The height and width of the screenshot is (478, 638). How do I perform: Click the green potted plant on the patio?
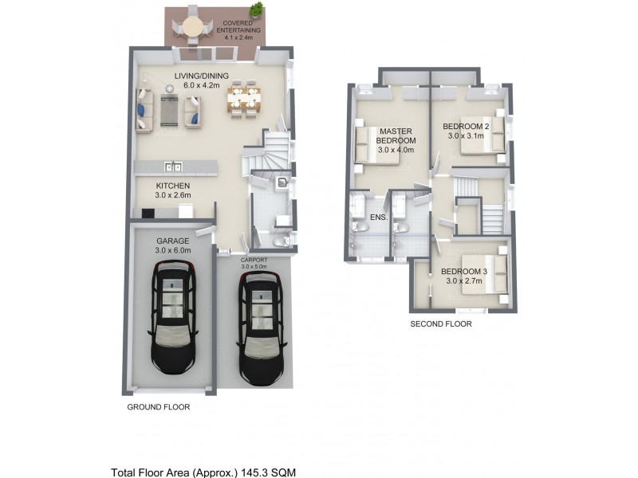pos(255,10)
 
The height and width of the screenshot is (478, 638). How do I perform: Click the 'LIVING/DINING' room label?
pos(202,76)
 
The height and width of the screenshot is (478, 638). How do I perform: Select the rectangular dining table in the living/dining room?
pos(244,101)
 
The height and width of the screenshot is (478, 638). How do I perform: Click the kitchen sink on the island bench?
pos(173,167)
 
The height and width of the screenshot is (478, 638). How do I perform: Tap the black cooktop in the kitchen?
pos(147,213)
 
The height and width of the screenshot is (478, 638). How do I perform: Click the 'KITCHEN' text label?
pos(172,185)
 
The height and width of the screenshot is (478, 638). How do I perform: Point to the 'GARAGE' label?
pos(171,240)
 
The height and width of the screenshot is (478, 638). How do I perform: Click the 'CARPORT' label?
pos(254,260)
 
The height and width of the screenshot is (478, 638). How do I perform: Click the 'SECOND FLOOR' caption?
pos(441,324)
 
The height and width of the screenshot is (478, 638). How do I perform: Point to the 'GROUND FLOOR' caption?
pos(159,406)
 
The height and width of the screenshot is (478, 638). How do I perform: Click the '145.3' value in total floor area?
pos(254,472)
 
